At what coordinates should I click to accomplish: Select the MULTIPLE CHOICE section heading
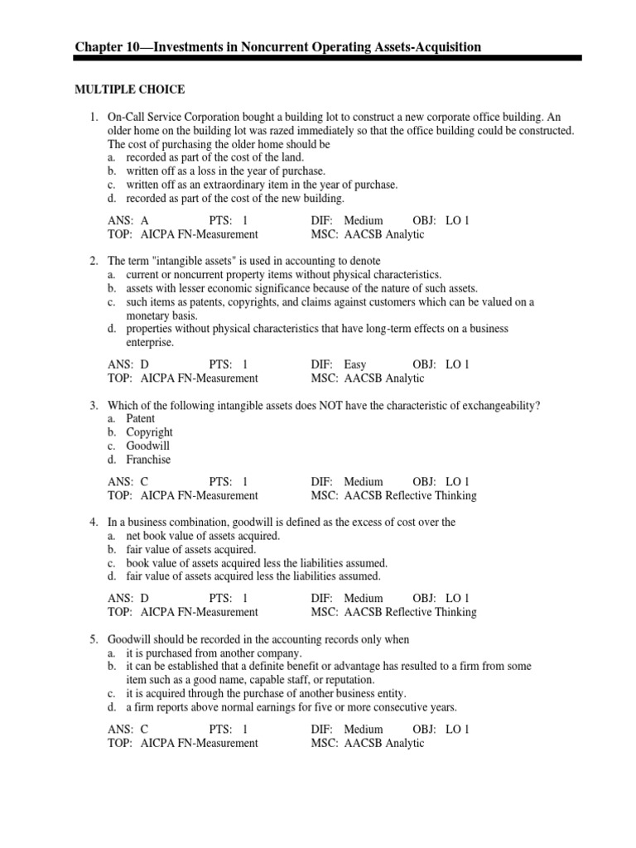click(x=130, y=89)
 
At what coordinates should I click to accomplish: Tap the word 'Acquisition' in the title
click(x=446, y=47)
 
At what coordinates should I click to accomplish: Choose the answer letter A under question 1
click(x=145, y=221)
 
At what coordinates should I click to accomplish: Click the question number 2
click(x=94, y=261)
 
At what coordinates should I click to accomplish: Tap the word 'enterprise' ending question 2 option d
click(x=150, y=342)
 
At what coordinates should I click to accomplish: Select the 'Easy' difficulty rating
click(x=355, y=364)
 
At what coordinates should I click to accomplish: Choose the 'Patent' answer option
click(x=141, y=419)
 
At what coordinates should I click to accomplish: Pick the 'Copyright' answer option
click(x=149, y=432)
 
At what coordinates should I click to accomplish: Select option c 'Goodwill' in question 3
click(x=148, y=446)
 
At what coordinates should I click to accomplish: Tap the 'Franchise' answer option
click(x=148, y=459)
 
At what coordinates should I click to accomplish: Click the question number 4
click(x=94, y=523)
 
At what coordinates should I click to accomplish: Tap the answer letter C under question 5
click(x=145, y=730)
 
